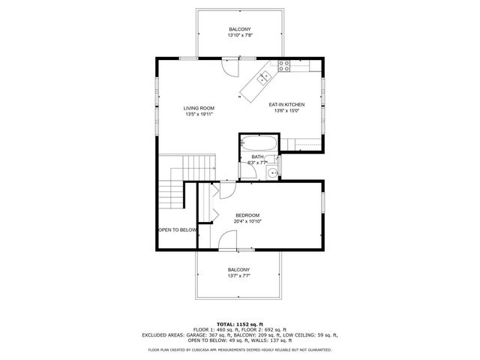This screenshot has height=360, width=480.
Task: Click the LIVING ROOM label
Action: pyautogui.click(x=199, y=108)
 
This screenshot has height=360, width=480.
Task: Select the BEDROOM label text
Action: pyautogui.click(x=247, y=215)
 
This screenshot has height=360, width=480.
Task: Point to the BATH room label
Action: pyautogui.click(x=257, y=156)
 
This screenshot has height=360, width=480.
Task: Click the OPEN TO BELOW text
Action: pyautogui.click(x=177, y=229)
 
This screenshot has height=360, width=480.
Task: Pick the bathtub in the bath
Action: pyautogui.click(x=259, y=143)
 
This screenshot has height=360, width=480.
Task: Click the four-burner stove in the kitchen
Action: pyautogui.click(x=283, y=64)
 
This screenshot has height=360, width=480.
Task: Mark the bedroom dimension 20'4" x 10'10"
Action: pyautogui.click(x=247, y=221)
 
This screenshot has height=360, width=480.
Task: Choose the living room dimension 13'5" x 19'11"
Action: pyautogui.click(x=199, y=114)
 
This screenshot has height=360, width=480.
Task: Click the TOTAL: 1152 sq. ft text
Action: pyautogui.click(x=240, y=322)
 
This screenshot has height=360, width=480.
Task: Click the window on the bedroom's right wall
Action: pyautogui.click(x=323, y=203)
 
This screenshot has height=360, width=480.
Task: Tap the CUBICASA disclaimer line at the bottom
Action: pyautogui.click(x=240, y=349)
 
